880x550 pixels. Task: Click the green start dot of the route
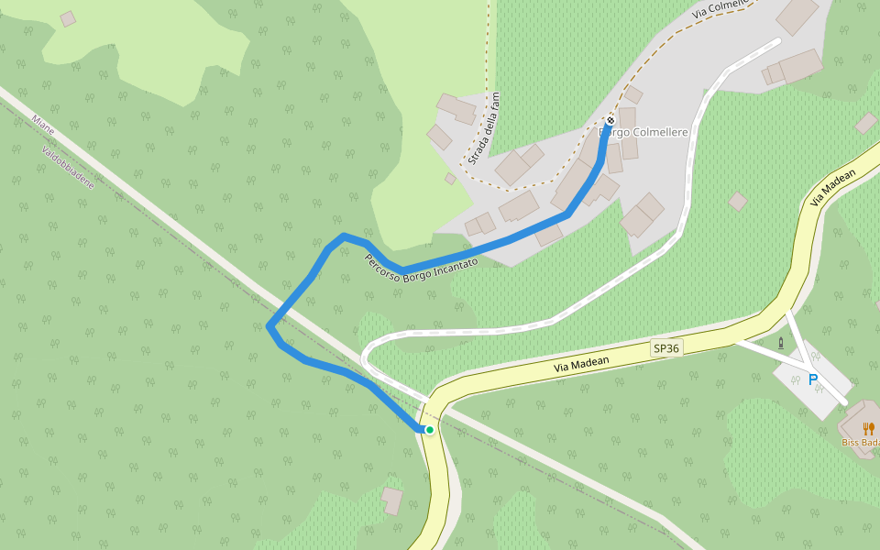pos(429,429)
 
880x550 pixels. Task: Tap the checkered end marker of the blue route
pos(610,120)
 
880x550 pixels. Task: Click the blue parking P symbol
pos(812,379)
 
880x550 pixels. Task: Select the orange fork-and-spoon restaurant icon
pos(868,428)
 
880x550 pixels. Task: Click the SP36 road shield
pos(666,348)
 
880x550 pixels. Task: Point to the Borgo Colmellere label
pos(644,133)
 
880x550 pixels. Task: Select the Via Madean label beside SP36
pos(581,363)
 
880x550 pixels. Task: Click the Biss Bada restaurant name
pos(861,443)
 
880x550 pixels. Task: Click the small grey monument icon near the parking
pos(781,343)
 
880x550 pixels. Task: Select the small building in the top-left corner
pos(68,18)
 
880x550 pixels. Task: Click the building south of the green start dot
pos(392,500)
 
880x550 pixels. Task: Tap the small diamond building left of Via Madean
pos(738,201)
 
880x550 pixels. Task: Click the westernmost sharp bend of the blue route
pos(269,326)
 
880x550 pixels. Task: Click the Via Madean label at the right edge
pos(832,187)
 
